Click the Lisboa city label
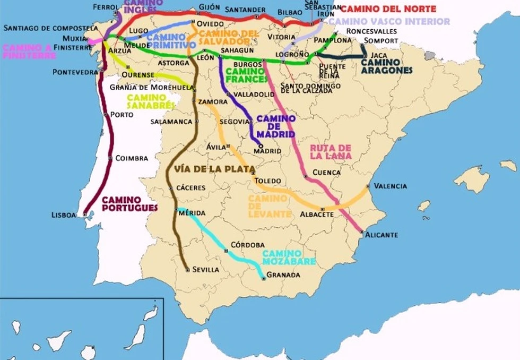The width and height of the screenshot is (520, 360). coord(64,215)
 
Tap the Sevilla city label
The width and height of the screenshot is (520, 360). coord(206,269)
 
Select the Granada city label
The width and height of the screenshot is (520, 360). coord(283,275)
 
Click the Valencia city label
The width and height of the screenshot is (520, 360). coord(390,186)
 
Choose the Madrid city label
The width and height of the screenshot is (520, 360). coord(267,151)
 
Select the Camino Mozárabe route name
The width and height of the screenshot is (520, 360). coord(289,257)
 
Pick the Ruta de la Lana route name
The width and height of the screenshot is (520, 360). coord(331,151)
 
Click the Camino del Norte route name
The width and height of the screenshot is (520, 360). coord(388,9)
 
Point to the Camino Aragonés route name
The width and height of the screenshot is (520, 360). coord(386,66)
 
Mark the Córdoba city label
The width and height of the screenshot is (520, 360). coord(248,245)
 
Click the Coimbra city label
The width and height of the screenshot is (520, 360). coord(128,158)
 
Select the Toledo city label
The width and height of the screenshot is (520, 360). coord(267,181)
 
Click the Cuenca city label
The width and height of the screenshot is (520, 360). coord(326,172)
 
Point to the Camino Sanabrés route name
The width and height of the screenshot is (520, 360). coord(151,101)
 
